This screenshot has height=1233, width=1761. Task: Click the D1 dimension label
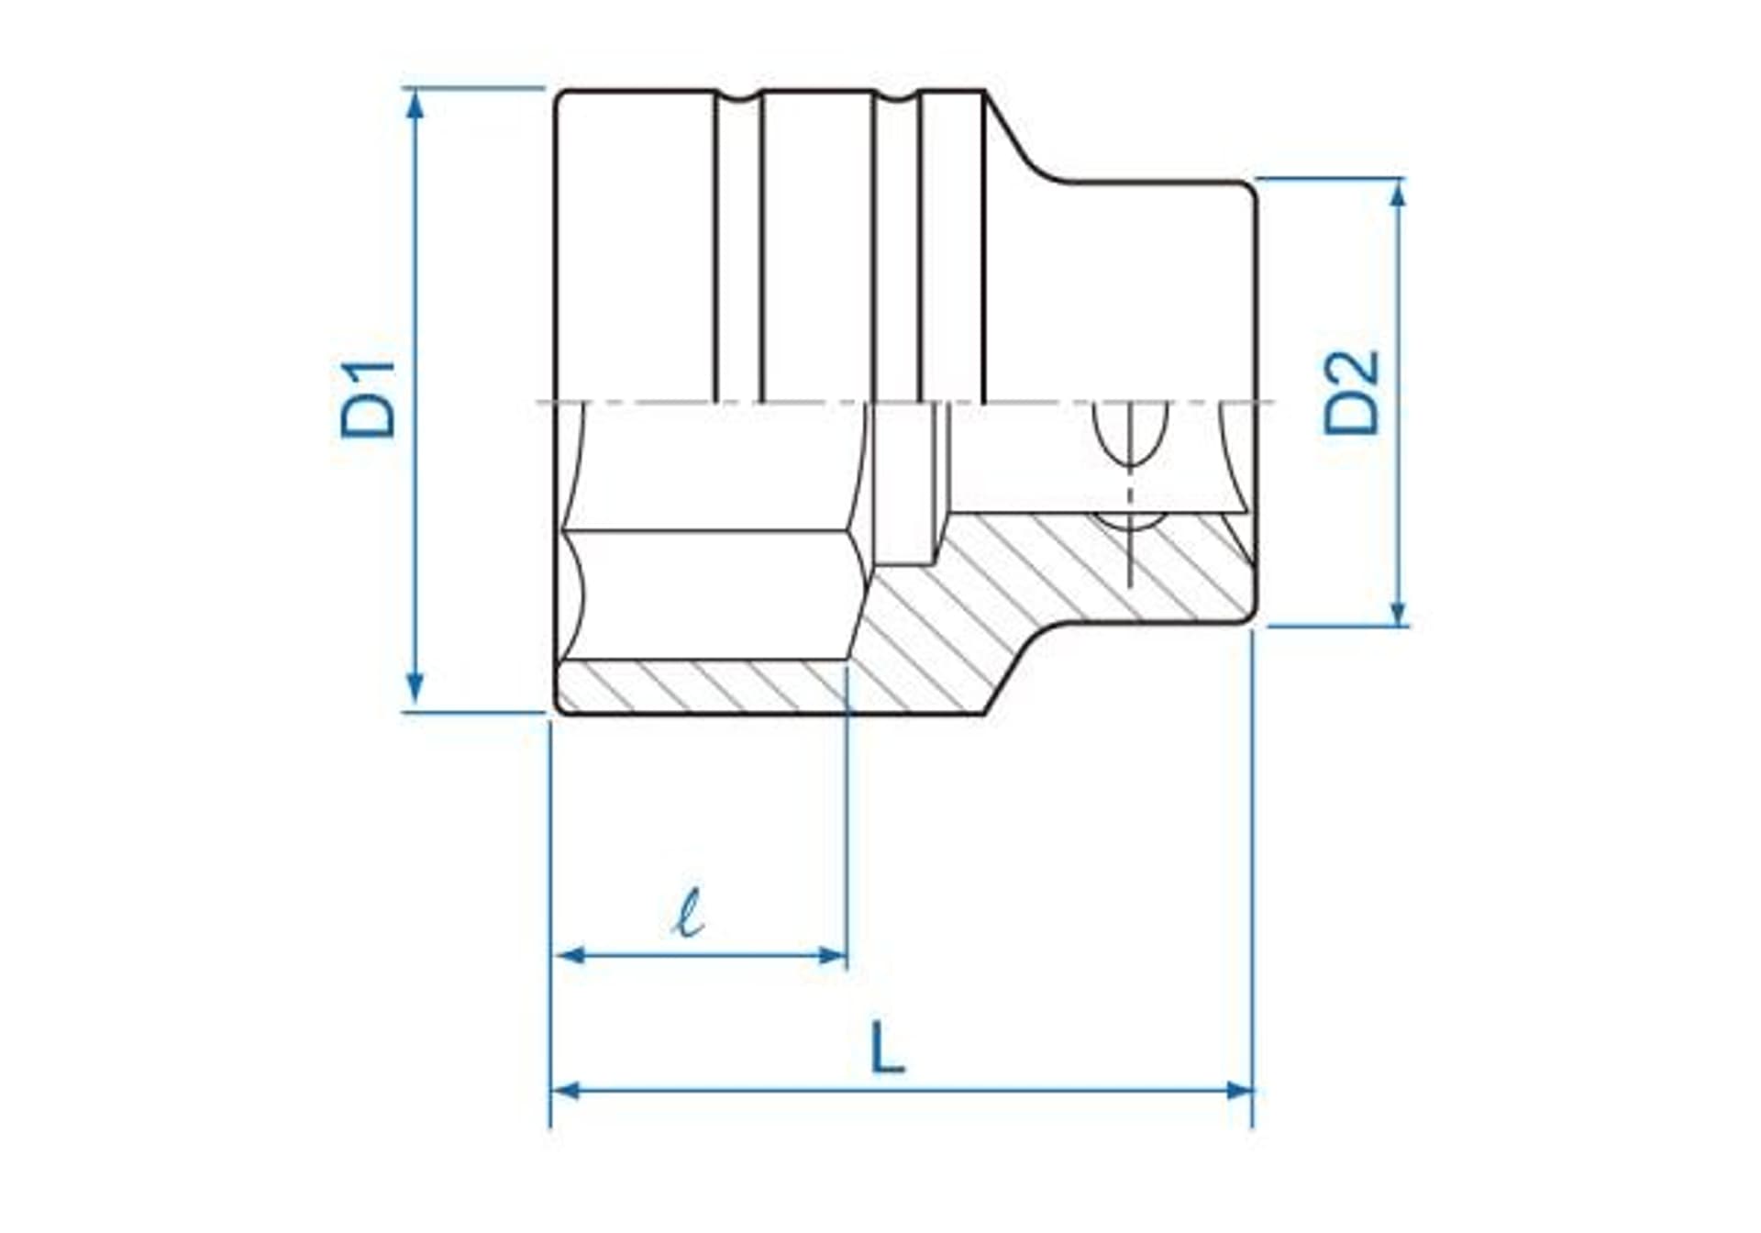[x=368, y=400]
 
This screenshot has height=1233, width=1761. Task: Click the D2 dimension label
[x=1351, y=393]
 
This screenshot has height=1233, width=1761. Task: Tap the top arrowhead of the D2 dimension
[x=1397, y=194]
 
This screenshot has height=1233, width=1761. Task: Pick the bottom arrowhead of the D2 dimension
[x=1397, y=611]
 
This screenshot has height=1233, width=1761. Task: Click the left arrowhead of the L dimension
[x=567, y=1090]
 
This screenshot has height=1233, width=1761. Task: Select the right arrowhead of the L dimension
[x=1238, y=1090]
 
